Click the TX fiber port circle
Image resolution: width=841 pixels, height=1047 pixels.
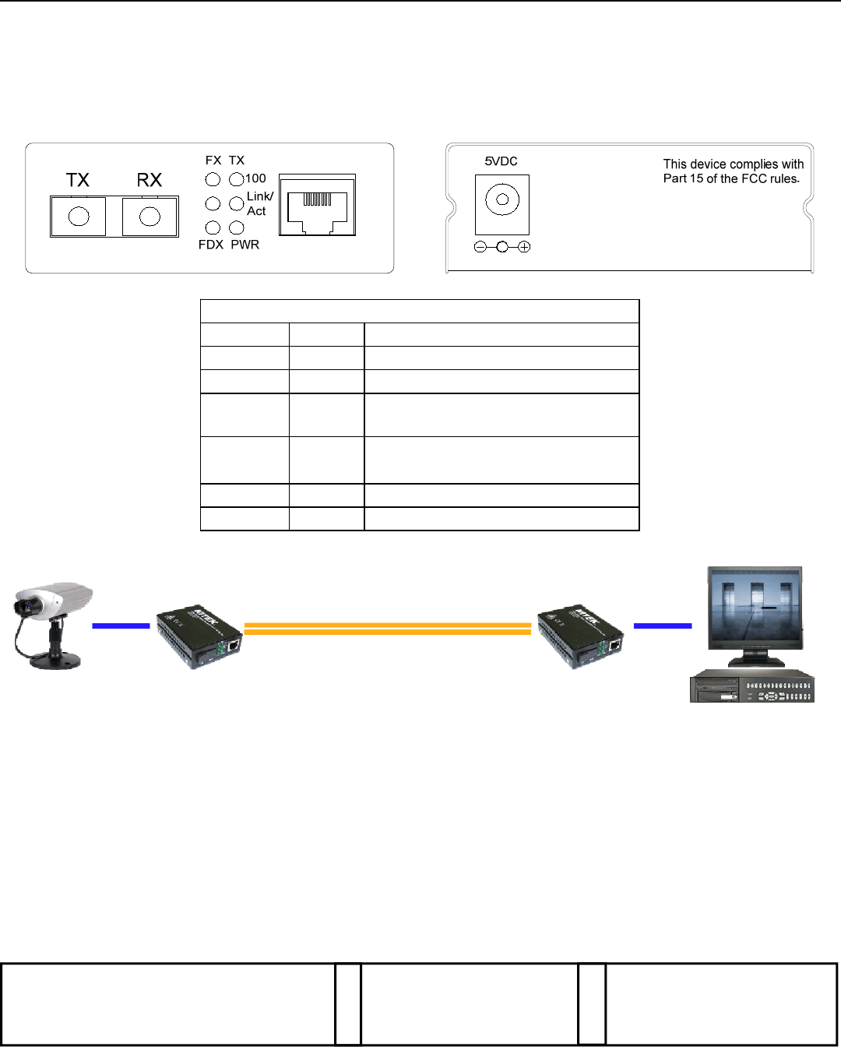click(x=79, y=217)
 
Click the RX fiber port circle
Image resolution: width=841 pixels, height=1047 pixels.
click(x=150, y=217)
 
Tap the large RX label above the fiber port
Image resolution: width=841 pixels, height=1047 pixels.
click(x=149, y=180)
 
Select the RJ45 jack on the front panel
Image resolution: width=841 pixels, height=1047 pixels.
click(x=317, y=205)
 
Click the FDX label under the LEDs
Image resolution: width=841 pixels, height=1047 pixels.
click(x=210, y=245)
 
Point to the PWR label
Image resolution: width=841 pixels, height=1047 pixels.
click(x=245, y=245)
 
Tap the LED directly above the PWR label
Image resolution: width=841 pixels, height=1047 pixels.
click(x=237, y=227)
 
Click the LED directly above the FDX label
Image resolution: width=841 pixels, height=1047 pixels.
click(x=213, y=227)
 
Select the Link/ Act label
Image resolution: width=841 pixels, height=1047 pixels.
click(x=259, y=203)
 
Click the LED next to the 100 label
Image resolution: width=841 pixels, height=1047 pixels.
click(x=237, y=179)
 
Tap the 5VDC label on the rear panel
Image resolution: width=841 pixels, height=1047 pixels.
click(x=501, y=161)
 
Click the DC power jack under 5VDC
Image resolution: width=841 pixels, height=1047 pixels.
click(x=502, y=200)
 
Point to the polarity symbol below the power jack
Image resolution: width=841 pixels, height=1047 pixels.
click(x=502, y=247)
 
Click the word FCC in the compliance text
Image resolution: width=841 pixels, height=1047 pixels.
click(x=755, y=178)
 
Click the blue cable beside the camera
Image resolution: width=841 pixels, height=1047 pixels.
click(x=121, y=626)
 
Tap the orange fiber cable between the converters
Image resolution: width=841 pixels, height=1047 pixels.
click(x=387, y=629)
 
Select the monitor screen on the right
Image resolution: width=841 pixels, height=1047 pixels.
click(x=754, y=608)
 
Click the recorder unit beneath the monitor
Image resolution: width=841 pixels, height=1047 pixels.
click(x=751, y=686)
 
